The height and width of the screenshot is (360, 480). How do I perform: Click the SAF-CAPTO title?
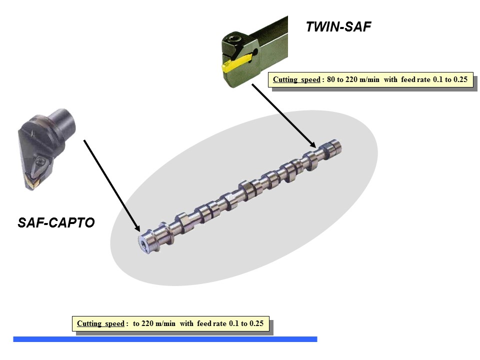tap(56, 223)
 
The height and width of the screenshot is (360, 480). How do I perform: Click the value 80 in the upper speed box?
tap(331, 79)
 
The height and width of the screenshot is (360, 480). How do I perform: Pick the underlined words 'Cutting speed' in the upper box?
tap(296, 79)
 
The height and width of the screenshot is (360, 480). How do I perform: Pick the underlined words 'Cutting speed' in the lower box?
tap(100, 323)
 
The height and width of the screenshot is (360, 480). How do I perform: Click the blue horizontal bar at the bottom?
tap(165, 339)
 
